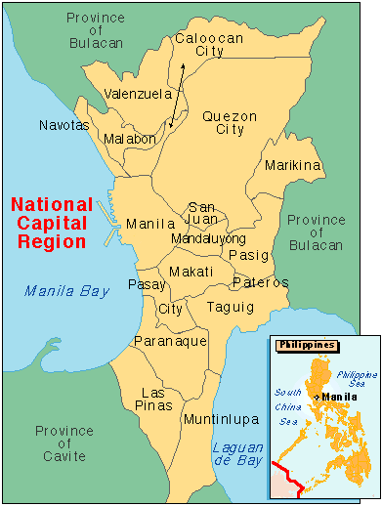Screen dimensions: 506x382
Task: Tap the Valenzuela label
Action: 138,95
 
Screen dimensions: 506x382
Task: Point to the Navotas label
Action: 64,126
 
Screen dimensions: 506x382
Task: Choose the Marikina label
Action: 293,166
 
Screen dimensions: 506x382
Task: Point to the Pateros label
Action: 261,282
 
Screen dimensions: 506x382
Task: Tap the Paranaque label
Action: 171,341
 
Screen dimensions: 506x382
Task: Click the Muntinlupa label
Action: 218,419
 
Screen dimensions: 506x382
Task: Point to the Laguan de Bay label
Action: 237,454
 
